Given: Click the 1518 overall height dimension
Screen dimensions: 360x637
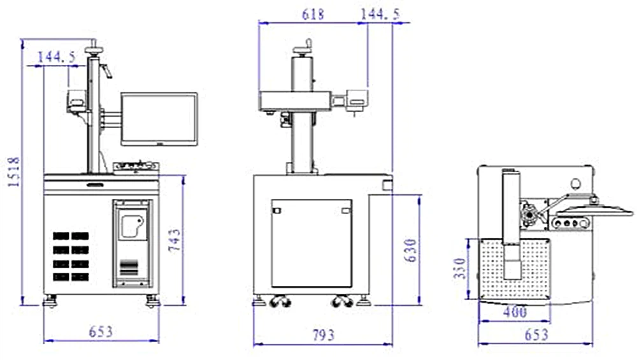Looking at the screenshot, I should coord(13,172).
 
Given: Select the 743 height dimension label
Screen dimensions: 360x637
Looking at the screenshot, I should coord(175,241).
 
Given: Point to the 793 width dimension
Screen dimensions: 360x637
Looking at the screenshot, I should coord(324,335).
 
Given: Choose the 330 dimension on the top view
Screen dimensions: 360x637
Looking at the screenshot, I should coord(459,268).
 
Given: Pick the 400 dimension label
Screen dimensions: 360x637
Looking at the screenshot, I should coord(515,312).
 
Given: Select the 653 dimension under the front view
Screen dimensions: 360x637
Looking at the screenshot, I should coord(101,332).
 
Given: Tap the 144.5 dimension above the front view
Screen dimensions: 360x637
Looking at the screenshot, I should coord(57,57).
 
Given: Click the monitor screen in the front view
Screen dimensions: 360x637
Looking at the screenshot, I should coord(159,119).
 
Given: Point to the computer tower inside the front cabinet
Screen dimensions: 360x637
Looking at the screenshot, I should coord(132,242).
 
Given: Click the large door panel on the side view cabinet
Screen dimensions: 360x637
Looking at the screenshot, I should coord(311,243).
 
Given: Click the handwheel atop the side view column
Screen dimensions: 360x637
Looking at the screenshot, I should coord(304,47).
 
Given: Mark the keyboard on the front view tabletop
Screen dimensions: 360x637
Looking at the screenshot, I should coord(136,167).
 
